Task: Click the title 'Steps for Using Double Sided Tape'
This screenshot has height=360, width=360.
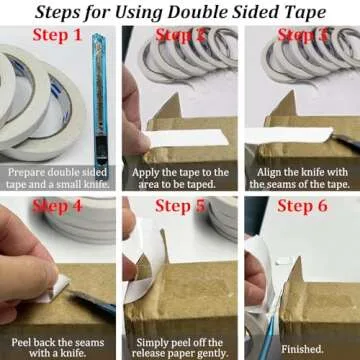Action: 180,14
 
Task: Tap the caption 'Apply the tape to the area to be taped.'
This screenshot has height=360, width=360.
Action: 180,177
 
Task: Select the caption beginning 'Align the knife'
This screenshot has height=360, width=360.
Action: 299,177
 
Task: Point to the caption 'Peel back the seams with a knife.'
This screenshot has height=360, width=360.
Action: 60,344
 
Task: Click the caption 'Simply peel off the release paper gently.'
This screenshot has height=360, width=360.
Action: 180,344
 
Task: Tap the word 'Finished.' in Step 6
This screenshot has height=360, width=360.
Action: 300,350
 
